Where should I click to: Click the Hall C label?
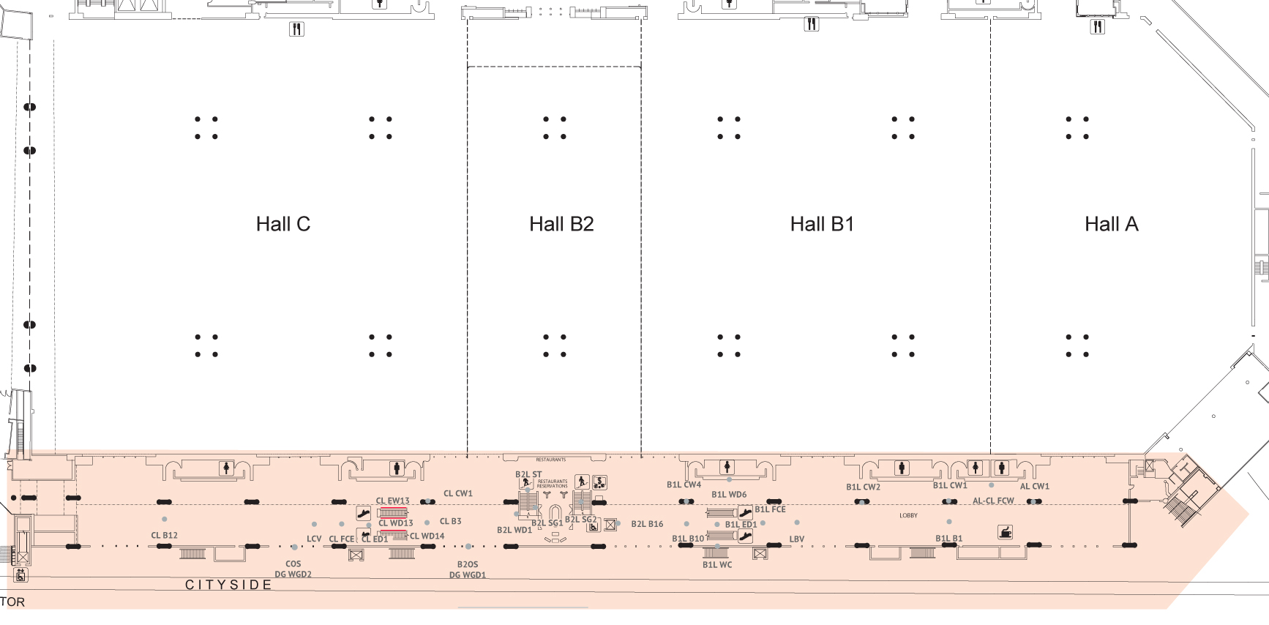tap(283, 224)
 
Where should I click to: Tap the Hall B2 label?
tap(561, 224)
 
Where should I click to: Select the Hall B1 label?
tap(822, 224)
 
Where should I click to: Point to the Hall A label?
tap(1111, 224)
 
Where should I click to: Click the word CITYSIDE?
tap(228, 585)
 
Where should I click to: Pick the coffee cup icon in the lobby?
tap(1006, 532)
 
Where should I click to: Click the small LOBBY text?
tap(908, 515)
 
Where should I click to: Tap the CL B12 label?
tap(164, 535)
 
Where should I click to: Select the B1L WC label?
tap(717, 564)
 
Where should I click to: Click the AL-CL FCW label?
tap(993, 501)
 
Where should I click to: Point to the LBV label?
tap(797, 539)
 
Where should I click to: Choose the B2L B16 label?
tap(647, 523)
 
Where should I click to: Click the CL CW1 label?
tap(458, 493)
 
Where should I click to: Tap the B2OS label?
tap(468, 564)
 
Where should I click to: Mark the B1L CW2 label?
tap(863, 487)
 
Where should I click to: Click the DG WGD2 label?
tap(293, 575)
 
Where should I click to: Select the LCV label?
tap(314, 539)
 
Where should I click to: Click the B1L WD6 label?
tap(729, 495)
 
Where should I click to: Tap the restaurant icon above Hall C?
tap(296, 29)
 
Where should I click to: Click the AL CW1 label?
tap(1034, 486)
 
